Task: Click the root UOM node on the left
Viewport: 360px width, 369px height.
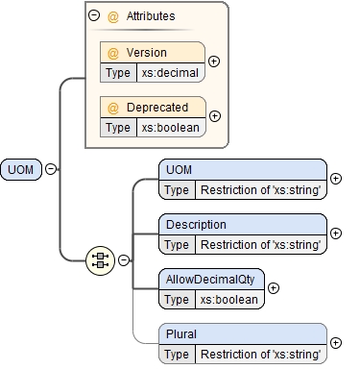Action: coord(22,169)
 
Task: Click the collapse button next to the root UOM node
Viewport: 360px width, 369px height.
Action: coord(51,169)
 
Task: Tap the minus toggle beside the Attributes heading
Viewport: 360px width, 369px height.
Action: coord(93,15)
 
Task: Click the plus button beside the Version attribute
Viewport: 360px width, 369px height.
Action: coord(214,61)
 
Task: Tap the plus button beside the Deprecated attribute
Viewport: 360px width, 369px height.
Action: coord(214,116)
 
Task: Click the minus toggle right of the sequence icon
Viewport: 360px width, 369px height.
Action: coord(124,259)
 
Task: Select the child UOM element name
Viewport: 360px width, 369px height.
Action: coord(180,170)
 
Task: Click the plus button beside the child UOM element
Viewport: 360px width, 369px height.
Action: coord(336,178)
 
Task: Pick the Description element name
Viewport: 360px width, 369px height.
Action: coord(196,225)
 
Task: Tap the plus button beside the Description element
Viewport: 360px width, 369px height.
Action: coord(336,233)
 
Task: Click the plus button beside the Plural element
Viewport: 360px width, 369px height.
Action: coord(336,342)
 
